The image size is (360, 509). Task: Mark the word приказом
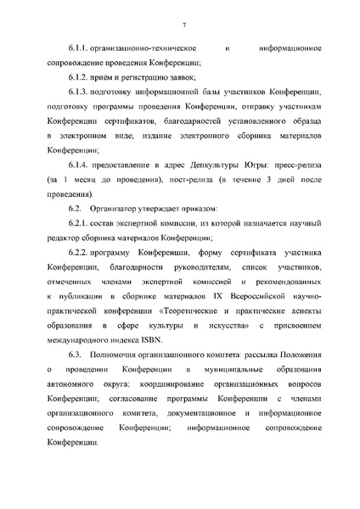(196, 209)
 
